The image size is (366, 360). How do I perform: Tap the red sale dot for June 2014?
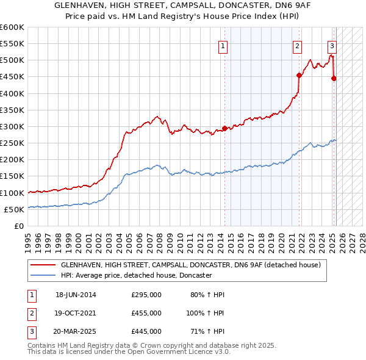click(x=224, y=128)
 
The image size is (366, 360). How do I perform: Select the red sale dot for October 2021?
click(x=299, y=76)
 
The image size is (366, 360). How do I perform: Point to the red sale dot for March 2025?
click(x=334, y=78)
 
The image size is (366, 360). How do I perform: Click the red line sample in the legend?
click(x=43, y=265)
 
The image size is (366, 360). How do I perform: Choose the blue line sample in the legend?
click(x=43, y=276)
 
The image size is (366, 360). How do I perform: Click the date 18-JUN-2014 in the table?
click(x=76, y=295)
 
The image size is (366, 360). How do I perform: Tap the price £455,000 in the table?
click(x=146, y=312)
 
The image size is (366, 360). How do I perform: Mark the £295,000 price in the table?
click(x=146, y=295)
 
